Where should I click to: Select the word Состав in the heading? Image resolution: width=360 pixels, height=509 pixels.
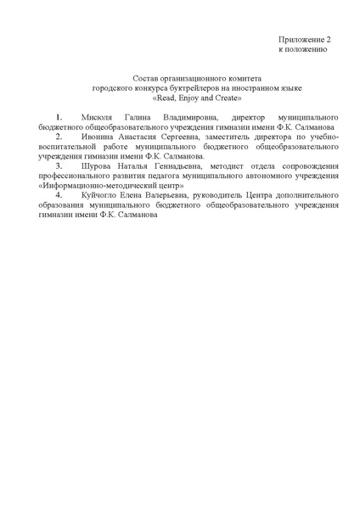tap(147, 77)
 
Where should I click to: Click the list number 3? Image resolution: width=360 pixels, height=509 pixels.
tap(58, 166)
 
